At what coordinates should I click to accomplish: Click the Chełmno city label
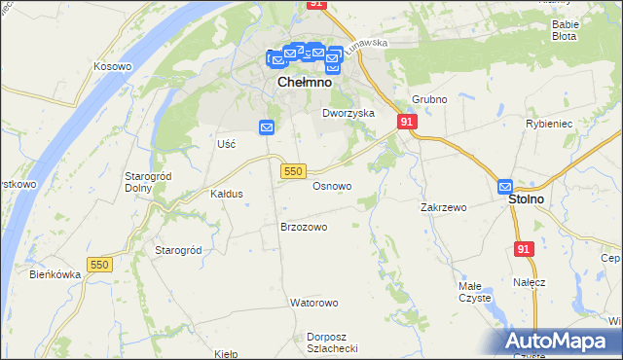305,83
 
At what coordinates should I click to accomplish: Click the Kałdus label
226,194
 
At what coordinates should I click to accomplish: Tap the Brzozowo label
304,226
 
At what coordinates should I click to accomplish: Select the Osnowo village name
332,185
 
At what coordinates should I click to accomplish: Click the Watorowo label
312,303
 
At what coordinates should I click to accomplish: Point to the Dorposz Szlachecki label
333,342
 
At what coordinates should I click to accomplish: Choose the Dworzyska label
348,113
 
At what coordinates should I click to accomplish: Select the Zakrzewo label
444,207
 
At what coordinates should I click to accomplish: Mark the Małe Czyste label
476,292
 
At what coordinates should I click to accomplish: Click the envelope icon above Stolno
505,186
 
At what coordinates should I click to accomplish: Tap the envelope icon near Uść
267,127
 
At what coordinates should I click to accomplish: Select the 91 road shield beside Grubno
408,121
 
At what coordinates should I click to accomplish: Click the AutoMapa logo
562,341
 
